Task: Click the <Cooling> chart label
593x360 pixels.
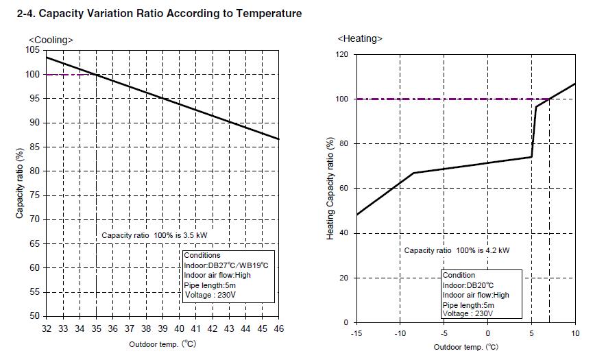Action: pyautogui.click(x=51, y=40)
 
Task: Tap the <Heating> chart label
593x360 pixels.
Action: pyautogui.click(x=360, y=38)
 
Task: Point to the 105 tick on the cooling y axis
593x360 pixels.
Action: pyautogui.click(x=32, y=50)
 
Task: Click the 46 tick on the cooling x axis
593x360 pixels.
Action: pyautogui.click(x=279, y=328)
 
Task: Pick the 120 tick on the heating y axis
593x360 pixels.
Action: pyautogui.click(x=341, y=54)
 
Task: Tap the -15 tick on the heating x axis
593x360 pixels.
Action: pyautogui.click(x=356, y=334)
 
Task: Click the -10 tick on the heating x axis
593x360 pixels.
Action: pyautogui.click(x=400, y=334)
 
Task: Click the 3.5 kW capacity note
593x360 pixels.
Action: pyautogui.click(x=154, y=235)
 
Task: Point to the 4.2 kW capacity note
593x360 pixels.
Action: pyautogui.click(x=457, y=250)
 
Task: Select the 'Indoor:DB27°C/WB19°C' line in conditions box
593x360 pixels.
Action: pyautogui.click(x=226, y=265)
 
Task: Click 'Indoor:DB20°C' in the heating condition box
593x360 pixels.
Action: pyautogui.click(x=468, y=285)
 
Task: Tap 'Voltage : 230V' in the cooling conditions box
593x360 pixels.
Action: pyautogui.click(x=210, y=295)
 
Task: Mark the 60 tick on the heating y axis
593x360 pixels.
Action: pyautogui.click(x=343, y=189)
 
